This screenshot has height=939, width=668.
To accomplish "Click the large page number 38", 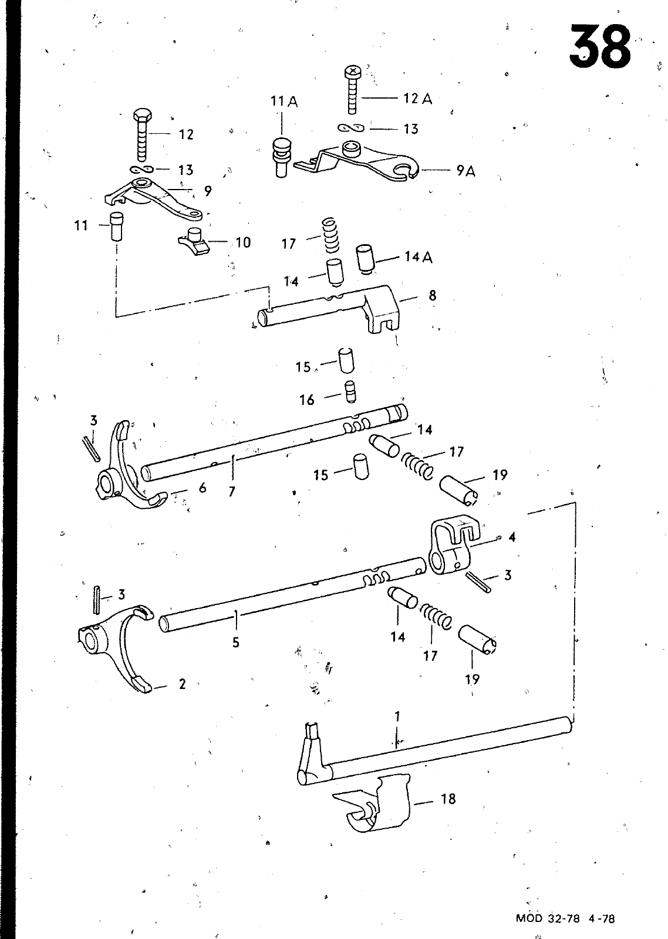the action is pos(600,46).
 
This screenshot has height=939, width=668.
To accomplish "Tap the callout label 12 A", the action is pos(418,99).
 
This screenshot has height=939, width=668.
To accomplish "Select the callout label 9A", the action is pos(466,171).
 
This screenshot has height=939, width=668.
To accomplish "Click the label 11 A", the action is pos(284,102).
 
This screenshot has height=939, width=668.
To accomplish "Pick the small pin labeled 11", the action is pos(117,226).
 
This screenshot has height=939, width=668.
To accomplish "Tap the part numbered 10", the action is pos(194,242).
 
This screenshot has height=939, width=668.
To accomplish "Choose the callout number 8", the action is pos(433,296).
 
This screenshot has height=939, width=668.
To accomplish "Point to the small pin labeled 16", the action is pos(350,392).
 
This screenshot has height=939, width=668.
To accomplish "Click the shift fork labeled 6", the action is pos(130,466).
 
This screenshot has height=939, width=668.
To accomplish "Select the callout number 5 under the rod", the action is pos(235,642).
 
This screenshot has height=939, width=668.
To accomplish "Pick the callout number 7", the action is pos(232,491).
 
